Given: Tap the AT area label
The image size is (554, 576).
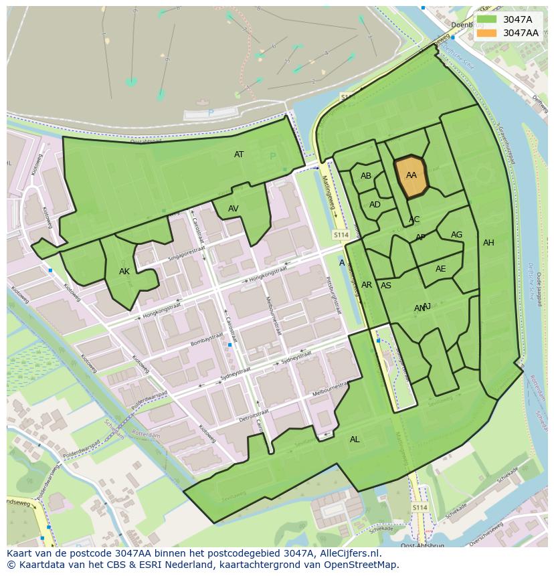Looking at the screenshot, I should [x=239, y=155].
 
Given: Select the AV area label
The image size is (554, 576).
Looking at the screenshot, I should [x=233, y=209].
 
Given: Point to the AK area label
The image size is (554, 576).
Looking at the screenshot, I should [x=124, y=272].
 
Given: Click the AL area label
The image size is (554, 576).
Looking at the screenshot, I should [x=355, y=440].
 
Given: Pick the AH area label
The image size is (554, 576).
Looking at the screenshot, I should [x=488, y=243].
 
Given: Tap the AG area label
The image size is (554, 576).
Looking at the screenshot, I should [x=456, y=235].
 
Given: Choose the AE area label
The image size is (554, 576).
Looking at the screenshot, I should [x=440, y=269].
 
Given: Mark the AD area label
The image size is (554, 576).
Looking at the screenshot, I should [x=375, y=205].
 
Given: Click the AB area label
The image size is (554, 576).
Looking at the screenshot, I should [x=366, y=176].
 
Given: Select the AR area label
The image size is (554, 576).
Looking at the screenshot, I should [x=367, y=285].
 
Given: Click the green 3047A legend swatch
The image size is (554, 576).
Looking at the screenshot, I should [x=486, y=20].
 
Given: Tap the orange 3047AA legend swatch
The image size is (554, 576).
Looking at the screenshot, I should [x=486, y=33].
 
